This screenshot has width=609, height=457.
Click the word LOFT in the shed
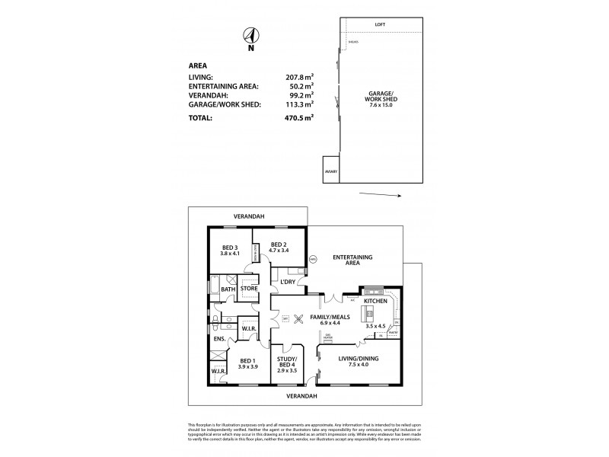tap(380, 25)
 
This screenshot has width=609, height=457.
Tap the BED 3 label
tap(230, 248)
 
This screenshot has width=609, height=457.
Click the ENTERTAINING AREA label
tap(352, 261)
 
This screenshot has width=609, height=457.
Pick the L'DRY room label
tap(288, 283)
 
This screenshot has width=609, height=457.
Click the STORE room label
tap(248, 289)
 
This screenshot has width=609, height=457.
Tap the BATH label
tap(228, 289)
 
